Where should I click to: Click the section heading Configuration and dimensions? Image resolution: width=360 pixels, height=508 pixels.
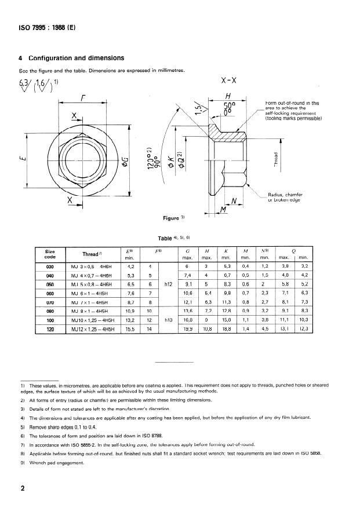75,59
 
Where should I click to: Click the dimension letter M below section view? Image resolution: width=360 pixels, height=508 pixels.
223,209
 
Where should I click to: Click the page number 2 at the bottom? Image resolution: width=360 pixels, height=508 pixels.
23,488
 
